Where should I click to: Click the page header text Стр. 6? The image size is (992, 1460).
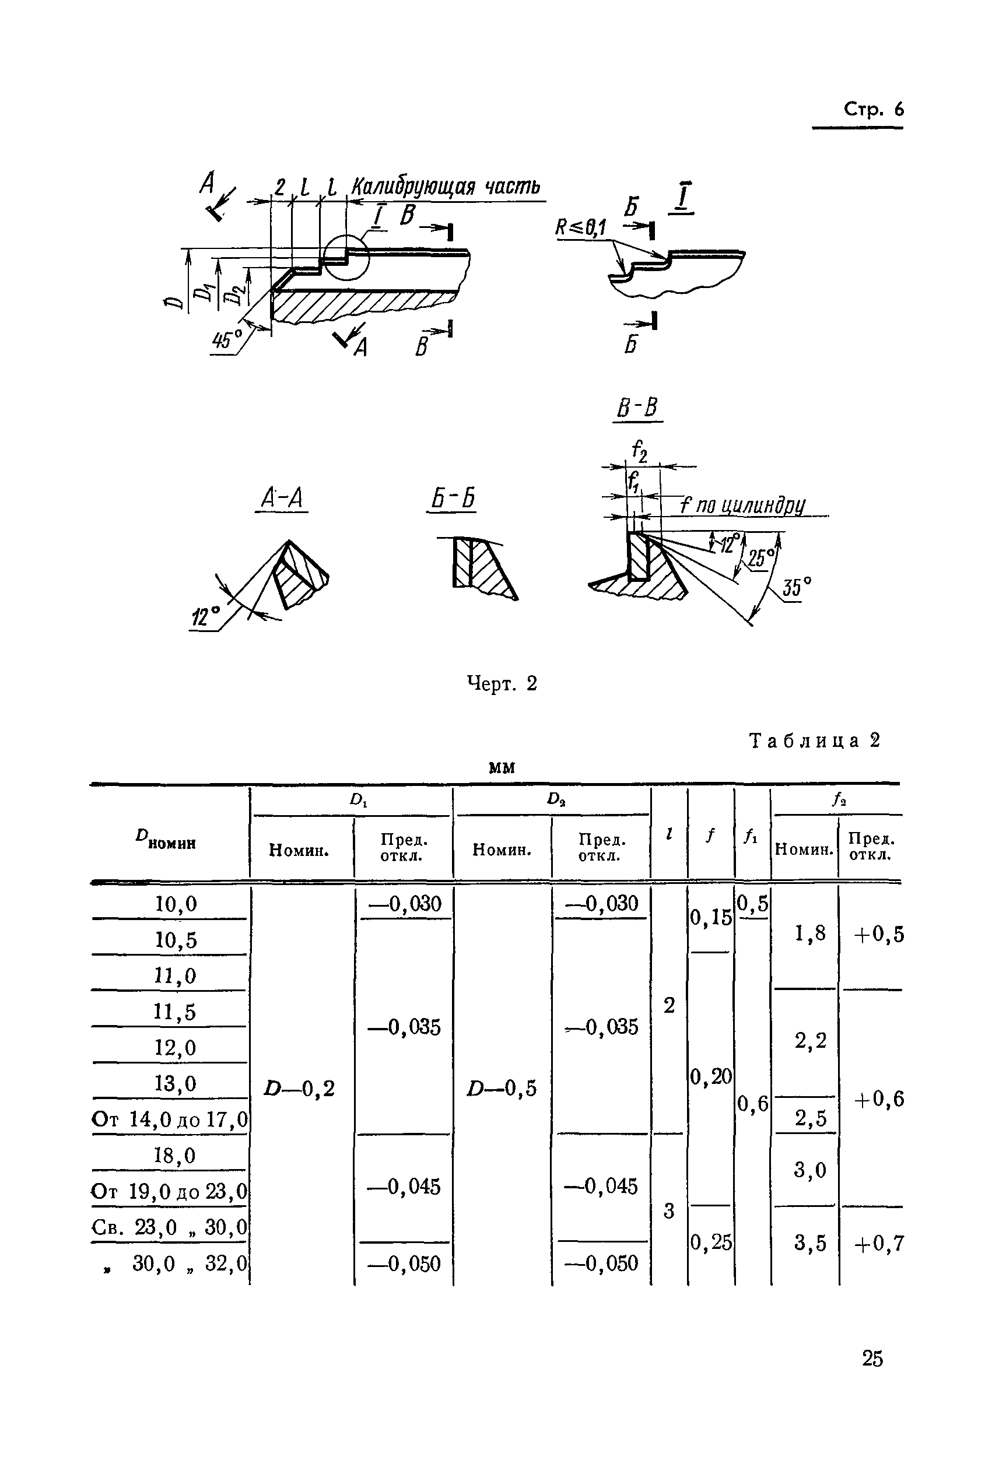tap(873, 110)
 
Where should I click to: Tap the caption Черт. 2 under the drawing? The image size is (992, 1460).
tap(502, 683)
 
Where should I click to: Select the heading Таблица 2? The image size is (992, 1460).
tap(815, 740)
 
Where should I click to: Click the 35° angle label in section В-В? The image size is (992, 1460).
tap(797, 587)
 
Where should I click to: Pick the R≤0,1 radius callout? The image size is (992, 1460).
tap(580, 227)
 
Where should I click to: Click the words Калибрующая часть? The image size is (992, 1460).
tap(446, 187)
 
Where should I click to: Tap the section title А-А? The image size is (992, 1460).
tap(282, 499)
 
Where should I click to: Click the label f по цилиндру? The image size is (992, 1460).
tap(742, 506)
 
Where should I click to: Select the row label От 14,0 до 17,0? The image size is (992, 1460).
tap(170, 1119)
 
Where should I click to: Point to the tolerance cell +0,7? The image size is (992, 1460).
tap(878, 1242)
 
